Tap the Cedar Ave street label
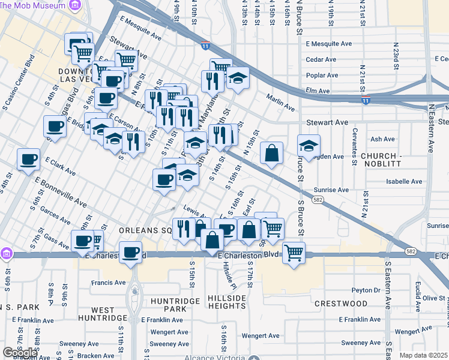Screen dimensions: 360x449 321,59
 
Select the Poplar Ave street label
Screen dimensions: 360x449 322,75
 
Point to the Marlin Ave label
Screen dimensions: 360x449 281,108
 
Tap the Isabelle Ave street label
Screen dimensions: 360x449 405,181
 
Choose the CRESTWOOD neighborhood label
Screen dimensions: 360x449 340,304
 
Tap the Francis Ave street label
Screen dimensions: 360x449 107,282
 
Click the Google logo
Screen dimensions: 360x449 20,353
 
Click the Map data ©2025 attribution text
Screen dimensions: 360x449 424,355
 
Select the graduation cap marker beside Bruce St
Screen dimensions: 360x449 309,146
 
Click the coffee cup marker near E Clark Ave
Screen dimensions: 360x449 29,160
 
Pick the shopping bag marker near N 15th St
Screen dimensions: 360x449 272,153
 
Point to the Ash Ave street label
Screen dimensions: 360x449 382,139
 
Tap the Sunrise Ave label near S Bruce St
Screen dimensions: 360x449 331,190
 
